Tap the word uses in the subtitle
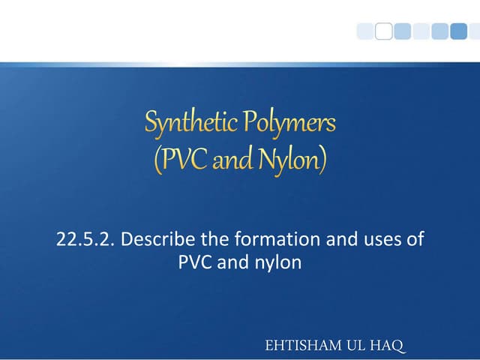369,240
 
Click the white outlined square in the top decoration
383,31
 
